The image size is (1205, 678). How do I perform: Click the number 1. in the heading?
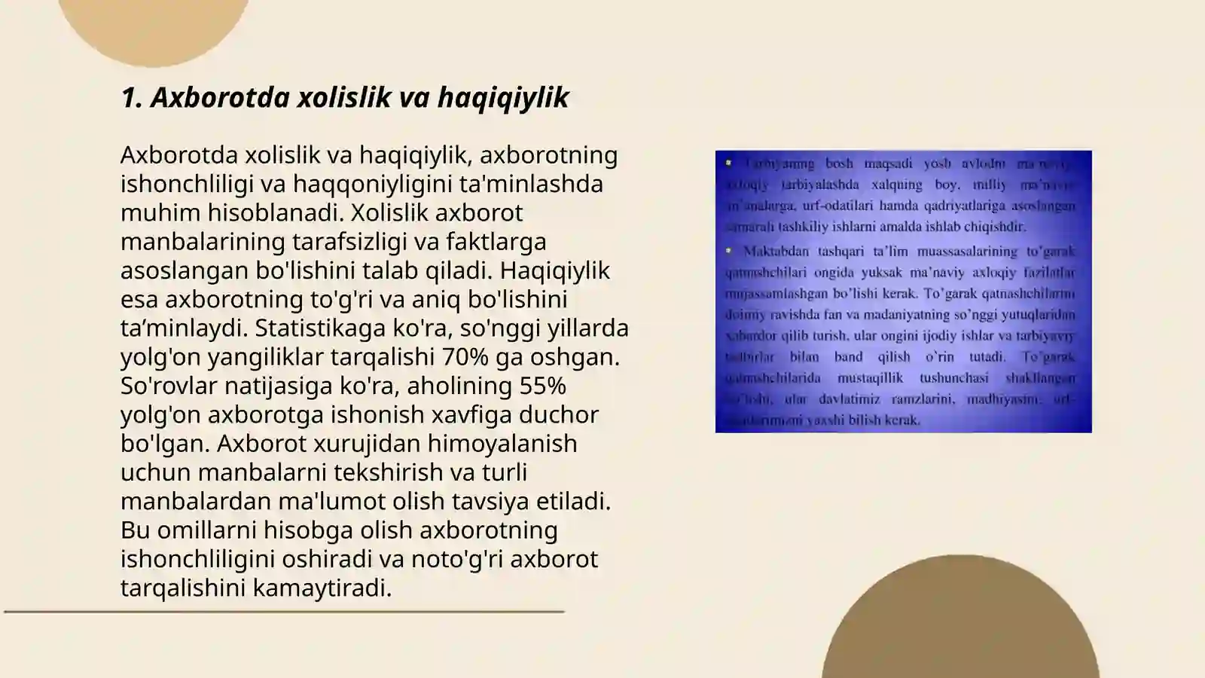(132, 98)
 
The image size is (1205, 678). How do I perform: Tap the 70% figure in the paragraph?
(459, 356)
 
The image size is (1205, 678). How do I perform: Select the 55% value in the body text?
(542, 386)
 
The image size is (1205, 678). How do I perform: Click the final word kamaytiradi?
(322, 588)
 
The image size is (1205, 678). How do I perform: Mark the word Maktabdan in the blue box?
(776, 252)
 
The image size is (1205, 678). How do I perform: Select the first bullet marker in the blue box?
(728, 163)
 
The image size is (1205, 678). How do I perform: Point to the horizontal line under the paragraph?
(284, 612)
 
